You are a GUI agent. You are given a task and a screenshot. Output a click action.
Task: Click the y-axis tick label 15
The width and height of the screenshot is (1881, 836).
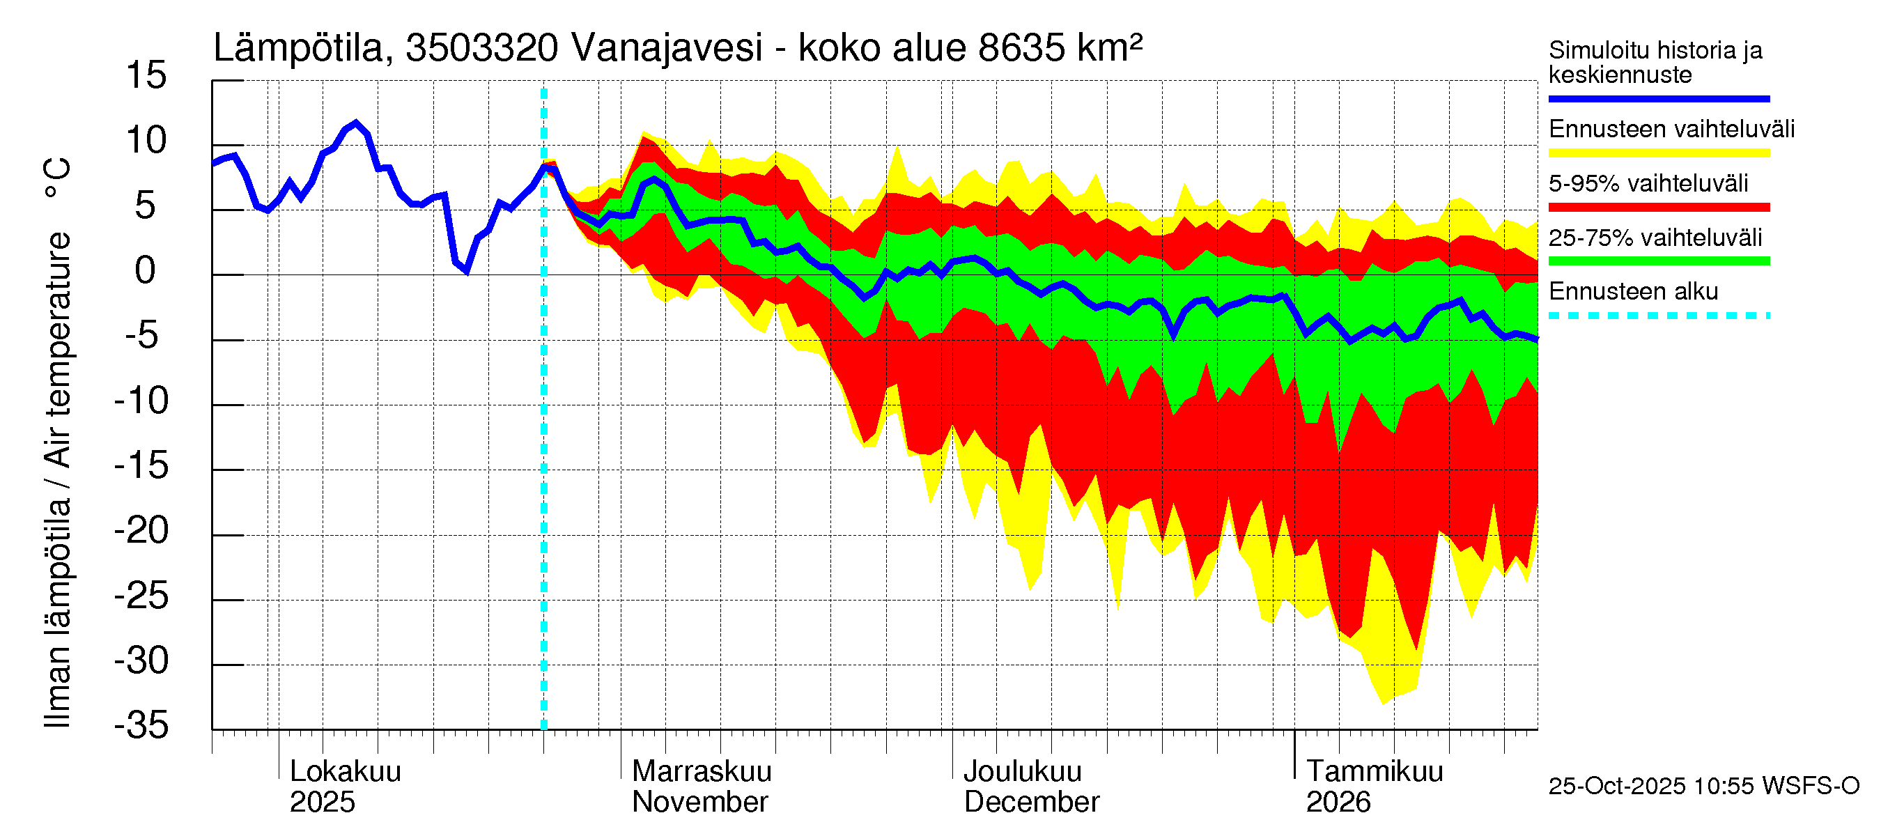click(146, 75)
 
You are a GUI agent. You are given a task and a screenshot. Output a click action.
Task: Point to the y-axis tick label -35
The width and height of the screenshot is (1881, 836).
click(141, 726)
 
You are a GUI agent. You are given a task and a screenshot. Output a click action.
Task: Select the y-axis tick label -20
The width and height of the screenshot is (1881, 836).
click(141, 531)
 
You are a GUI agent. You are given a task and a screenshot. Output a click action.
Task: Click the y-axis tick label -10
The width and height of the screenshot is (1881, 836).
click(141, 401)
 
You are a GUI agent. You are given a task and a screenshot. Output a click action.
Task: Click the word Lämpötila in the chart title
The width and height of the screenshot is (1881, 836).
click(299, 48)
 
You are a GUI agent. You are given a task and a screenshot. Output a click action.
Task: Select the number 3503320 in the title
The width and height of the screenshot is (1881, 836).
click(482, 48)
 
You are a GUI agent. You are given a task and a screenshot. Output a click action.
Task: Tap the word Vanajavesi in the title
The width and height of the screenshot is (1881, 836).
click(667, 48)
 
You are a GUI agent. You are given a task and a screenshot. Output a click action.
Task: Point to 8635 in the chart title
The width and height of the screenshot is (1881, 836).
click(1021, 48)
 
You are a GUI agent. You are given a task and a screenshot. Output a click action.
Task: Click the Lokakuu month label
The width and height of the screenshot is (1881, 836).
click(346, 772)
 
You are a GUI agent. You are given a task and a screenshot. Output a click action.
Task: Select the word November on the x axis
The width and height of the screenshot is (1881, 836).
click(699, 803)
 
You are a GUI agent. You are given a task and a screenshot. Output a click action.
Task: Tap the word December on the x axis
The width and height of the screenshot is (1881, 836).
click(1031, 803)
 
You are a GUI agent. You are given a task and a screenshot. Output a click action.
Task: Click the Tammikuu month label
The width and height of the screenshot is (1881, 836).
click(1375, 772)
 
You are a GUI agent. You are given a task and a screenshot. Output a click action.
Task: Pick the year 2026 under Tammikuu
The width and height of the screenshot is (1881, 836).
click(1338, 803)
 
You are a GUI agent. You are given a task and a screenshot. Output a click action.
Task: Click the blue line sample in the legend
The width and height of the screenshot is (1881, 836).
click(1659, 98)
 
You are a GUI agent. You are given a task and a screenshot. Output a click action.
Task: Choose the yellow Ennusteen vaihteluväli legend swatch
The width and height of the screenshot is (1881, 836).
click(1659, 153)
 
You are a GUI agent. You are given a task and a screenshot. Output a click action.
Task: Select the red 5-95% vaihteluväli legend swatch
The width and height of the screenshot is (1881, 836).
click(1659, 208)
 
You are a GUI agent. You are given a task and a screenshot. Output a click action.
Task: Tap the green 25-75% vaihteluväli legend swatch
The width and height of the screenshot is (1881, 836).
click(1659, 261)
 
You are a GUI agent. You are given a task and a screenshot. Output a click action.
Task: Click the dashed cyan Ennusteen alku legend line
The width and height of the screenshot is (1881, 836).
click(1659, 316)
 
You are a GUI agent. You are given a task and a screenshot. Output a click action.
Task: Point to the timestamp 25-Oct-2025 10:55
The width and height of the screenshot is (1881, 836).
click(1650, 787)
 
